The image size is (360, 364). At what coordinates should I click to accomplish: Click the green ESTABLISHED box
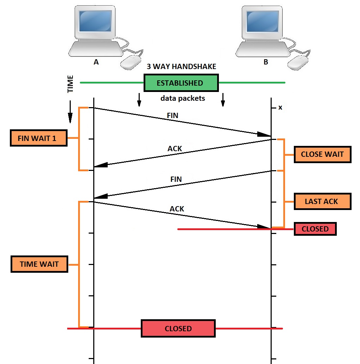tap(181, 83)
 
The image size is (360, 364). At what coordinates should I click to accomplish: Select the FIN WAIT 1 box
tap(38, 138)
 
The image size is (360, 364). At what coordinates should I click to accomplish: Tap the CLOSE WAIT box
tap(322, 154)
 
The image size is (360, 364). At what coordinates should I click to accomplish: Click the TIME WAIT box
tap(39, 264)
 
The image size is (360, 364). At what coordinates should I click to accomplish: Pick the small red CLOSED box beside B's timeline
tap(315, 229)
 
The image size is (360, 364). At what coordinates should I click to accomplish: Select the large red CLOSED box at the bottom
tap(178, 328)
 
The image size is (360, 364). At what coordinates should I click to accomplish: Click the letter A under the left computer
tap(96, 62)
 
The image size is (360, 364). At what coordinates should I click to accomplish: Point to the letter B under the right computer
tap(266, 62)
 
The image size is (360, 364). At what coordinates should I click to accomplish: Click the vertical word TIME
tap(71, 84)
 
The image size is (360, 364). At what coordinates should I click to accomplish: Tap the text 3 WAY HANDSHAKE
tap(181, 67)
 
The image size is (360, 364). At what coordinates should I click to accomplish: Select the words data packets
tap(183, 98)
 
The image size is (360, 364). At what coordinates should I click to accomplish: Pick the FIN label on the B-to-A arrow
tap(176, 179)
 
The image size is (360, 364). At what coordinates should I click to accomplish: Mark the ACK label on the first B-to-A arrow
tap(175, 149)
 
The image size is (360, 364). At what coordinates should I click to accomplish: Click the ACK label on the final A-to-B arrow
tap(177, 209)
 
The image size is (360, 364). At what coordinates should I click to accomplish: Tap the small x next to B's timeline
tap(280, 107)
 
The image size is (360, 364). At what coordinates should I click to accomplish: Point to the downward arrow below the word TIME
tap(70, 112)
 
